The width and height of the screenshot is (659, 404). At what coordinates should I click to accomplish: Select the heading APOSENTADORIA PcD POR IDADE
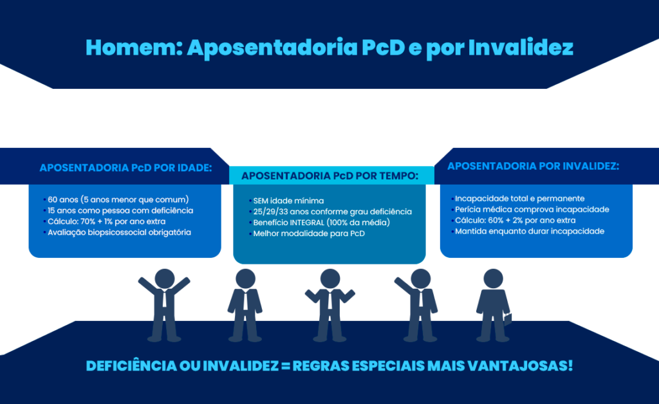coord(126,168)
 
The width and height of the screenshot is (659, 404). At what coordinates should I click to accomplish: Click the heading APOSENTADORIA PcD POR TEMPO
coord(329,176)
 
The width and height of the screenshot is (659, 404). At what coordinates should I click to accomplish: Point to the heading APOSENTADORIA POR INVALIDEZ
coord(533,166)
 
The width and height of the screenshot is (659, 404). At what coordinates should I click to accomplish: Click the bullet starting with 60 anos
coord(118,199)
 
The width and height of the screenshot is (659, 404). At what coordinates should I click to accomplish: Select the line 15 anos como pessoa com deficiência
coord(120,210)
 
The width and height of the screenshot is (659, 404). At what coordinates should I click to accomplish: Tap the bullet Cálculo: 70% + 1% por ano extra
coord(106,221)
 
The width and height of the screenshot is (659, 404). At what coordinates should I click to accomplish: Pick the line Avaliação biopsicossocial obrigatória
coord(119,232)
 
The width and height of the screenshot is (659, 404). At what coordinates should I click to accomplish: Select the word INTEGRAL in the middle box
coord(311,223)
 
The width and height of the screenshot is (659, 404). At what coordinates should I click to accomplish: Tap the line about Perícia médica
coord(532,210)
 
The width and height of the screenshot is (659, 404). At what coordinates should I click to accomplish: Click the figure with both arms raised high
coord(164,302)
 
